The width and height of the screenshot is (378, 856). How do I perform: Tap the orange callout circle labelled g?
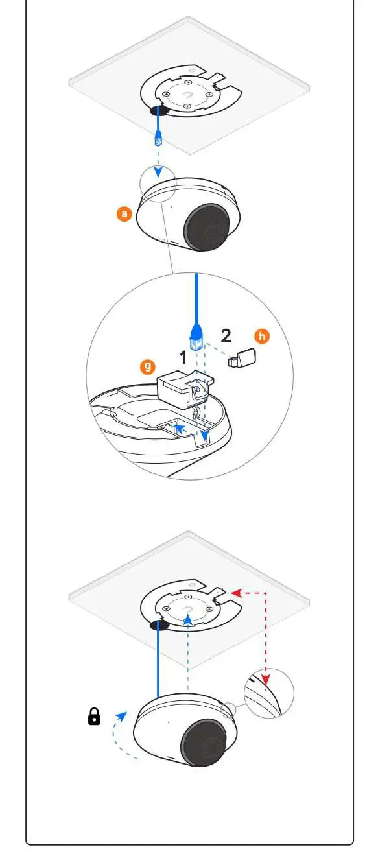coord(148,368)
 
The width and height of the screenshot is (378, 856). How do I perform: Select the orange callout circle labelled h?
coord(261,336)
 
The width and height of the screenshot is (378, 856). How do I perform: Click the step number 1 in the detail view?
coord(183,357)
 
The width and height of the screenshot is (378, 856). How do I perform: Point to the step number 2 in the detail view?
coord(226,337)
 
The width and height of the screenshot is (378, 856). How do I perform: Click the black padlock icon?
coord(95,717)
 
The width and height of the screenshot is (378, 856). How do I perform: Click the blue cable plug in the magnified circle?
coord(196,336)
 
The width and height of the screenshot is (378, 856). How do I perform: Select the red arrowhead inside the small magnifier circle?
coord(266,680)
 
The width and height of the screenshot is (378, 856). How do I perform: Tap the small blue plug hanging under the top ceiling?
coord(159,138)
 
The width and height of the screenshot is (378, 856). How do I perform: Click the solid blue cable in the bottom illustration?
coord(158,661)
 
